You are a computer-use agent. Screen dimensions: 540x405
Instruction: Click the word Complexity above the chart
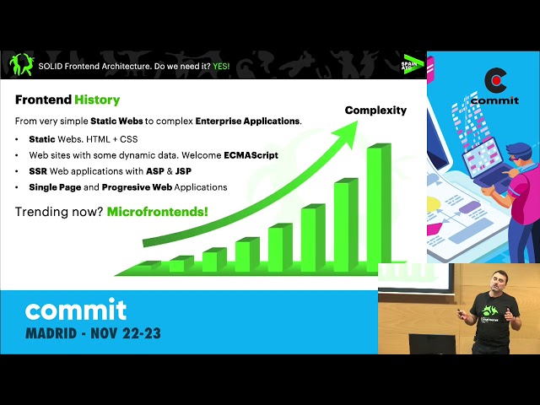click(x=375, y=111)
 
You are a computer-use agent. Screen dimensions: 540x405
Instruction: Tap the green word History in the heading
click(x=97, y=100)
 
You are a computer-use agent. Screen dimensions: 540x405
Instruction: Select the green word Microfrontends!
click(x=158, y=212)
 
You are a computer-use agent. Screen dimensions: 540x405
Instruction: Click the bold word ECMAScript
click(x=251, y=155)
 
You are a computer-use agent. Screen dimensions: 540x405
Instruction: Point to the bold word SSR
click(x=38, y=171)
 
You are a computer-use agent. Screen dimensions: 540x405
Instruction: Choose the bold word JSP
click(x=183, y=171)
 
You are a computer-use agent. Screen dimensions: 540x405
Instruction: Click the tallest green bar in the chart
click(x=379, y=207)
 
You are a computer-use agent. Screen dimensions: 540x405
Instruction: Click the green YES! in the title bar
click(x=221, y=66)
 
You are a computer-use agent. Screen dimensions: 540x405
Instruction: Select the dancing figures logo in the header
click(x=22, y=64)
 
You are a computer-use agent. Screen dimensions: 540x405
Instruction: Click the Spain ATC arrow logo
click(x=413, y=64)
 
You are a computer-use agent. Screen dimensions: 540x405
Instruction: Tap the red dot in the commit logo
click(x=496, y=81)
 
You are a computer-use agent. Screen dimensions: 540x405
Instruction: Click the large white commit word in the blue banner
click(x=76, y=309)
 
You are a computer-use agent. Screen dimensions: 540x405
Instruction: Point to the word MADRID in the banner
click(x=51, y=333)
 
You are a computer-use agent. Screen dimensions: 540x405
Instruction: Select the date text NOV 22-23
click(x=126, y=333)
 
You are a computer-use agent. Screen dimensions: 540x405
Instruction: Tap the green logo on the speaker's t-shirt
click(x=490, y=310)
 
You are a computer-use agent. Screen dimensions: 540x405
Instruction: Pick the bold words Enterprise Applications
click(x=248, y=121)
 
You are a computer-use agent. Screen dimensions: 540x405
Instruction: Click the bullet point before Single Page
click(x=17, y=187)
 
